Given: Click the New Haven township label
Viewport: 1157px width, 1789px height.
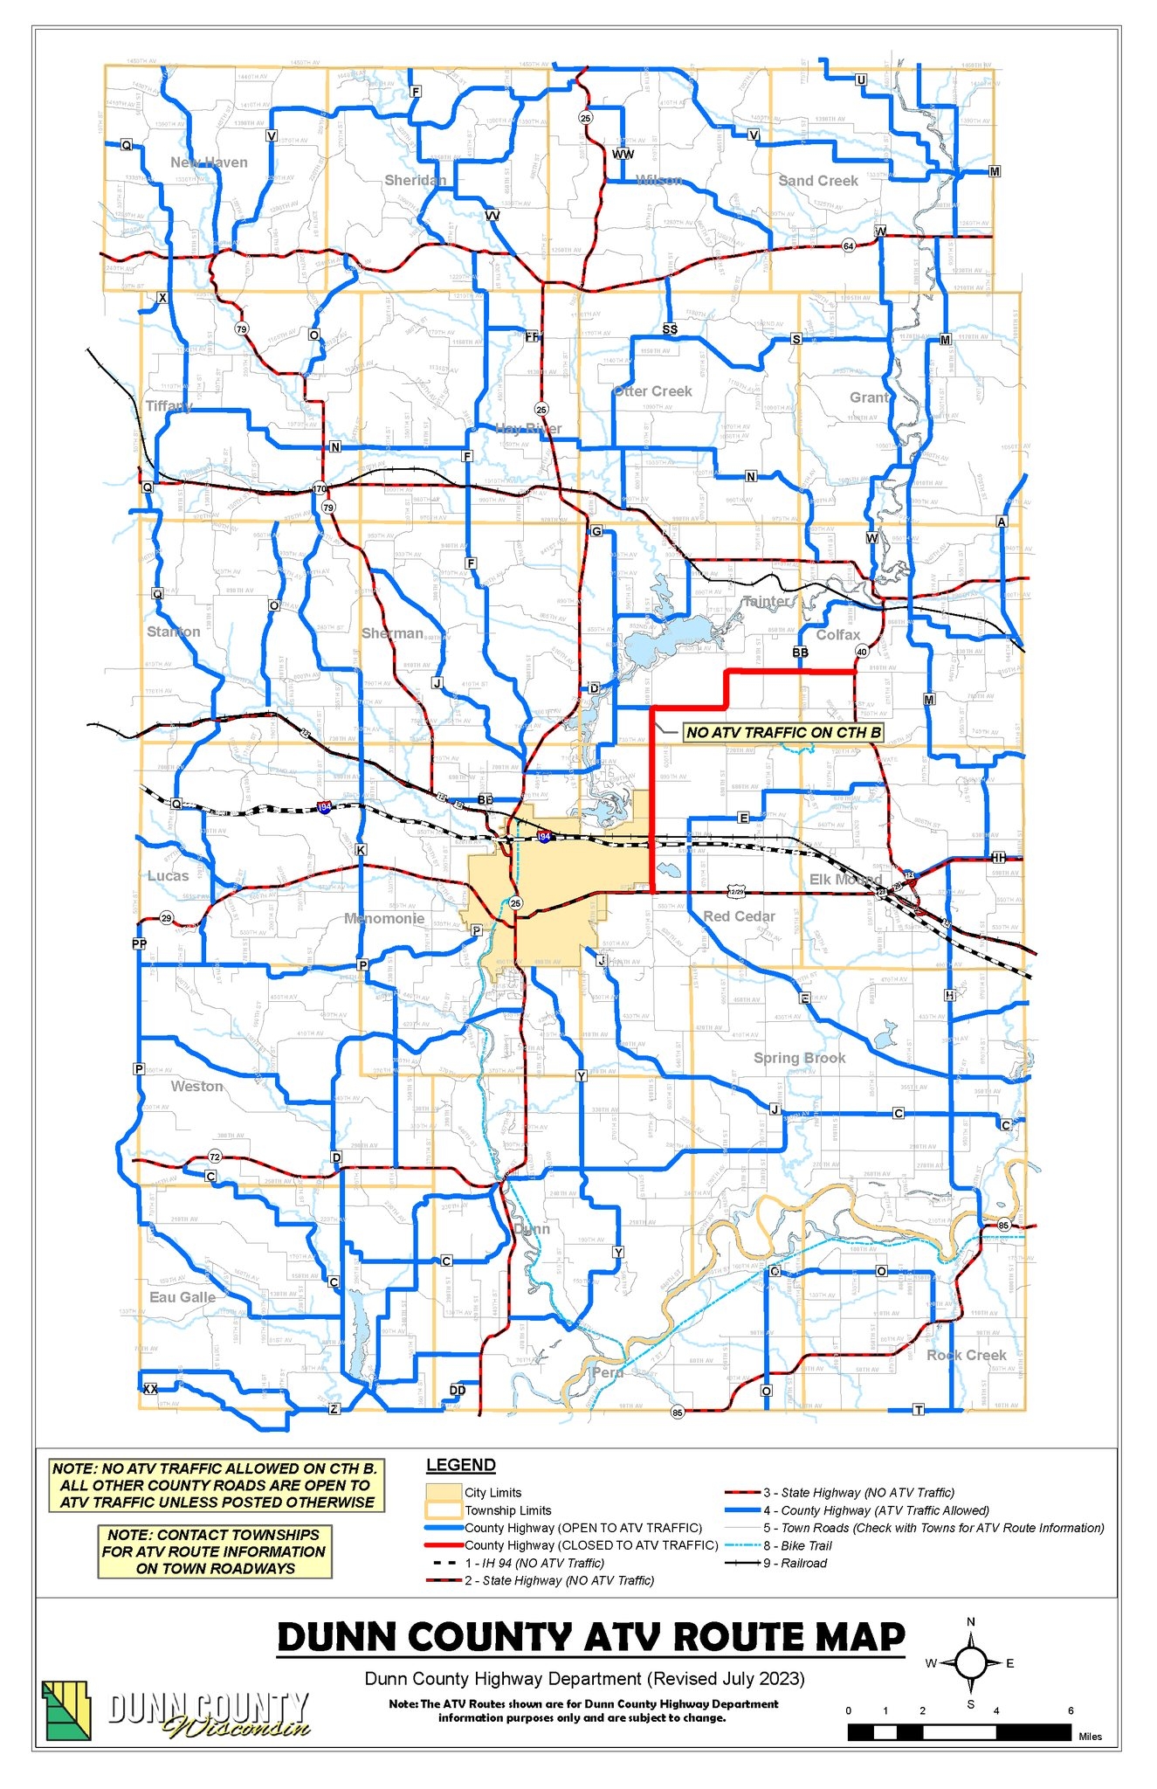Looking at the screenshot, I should (x=209, y=162).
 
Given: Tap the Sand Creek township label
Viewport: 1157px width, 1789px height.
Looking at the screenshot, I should (x=818, y=181).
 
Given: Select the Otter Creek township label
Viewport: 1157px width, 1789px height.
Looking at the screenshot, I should (x=653, y=391).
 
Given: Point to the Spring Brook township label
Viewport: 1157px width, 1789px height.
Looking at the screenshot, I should (x=799, y=1058).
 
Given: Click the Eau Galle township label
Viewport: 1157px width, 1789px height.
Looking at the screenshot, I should (x=183, y=1297).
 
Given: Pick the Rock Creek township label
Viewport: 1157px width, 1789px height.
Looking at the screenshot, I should (x=967, y=1355).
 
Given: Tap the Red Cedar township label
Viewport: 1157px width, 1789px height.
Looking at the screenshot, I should (x=740, y=916).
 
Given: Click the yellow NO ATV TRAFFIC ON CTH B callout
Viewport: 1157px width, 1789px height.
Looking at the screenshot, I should (x=783, y=732).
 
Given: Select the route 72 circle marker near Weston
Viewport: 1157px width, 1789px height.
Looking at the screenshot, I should (x=215, y=1157).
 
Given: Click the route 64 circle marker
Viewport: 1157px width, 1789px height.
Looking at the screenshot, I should (x=848, y=246).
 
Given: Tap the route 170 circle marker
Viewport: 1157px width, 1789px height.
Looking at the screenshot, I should (x=320, y=489).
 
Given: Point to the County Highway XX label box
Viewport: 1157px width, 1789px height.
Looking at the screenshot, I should (x=150, y=1389).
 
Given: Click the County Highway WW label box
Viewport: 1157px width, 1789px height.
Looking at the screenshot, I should (x=623, y=155).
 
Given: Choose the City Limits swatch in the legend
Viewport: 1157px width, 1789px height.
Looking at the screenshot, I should (x=444, y=1492).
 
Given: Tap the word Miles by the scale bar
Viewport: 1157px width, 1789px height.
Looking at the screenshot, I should (x=1090, y=1737).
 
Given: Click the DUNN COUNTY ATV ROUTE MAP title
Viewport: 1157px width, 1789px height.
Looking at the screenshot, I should (x=591, y=1638).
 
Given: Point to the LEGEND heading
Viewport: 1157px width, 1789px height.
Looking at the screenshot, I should (x=461, y=1465).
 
